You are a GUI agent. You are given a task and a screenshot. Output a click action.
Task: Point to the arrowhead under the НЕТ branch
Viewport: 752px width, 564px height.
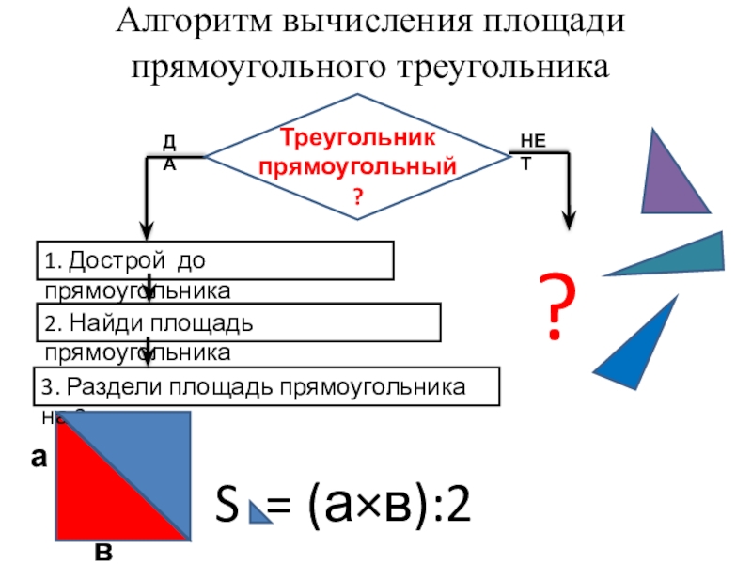click(569, 220)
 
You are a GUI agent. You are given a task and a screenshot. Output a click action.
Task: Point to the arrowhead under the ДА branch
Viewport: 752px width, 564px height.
click(147, 229)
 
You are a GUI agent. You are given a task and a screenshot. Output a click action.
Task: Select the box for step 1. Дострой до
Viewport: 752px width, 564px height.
click(214, 260)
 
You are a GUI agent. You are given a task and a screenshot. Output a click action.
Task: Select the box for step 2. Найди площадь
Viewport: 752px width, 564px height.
click(239, 322)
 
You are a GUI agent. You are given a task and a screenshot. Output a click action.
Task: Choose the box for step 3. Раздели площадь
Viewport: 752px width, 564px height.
click(267, 387)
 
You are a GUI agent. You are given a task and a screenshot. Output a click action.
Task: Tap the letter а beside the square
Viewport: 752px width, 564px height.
click(39, 458)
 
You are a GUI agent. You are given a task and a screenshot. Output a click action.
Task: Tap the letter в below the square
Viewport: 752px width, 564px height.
click(103, 552)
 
